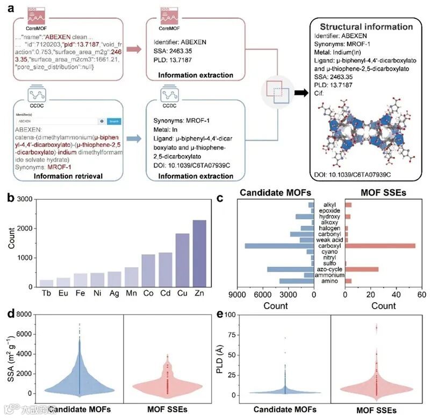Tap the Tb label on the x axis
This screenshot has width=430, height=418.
point(47,295)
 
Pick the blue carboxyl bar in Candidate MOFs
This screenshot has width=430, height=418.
point(279,246)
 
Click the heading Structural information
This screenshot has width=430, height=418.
point(366,27)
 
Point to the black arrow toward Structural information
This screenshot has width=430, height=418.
point(303,93)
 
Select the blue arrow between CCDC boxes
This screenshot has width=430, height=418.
point(133,137)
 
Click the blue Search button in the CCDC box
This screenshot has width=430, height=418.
point(113,121)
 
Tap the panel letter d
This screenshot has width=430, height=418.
point(10,312)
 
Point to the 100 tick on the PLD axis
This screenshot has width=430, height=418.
point(233,314)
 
